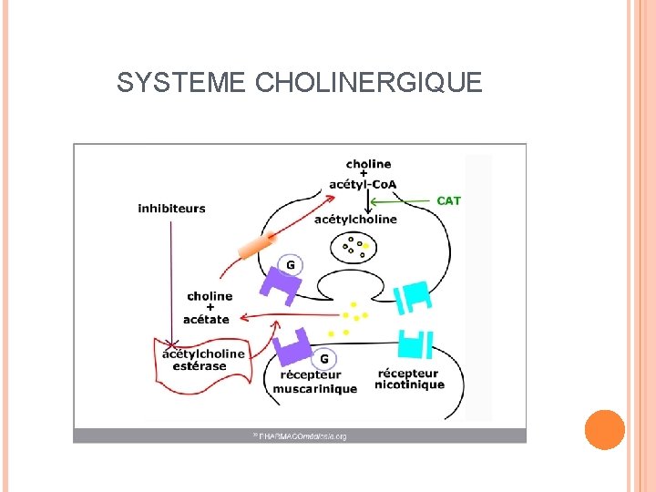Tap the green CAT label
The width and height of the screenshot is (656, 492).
pos(449,200)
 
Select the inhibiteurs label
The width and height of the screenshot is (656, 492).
pos(171,208)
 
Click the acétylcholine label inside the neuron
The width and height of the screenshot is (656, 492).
pos(355,219)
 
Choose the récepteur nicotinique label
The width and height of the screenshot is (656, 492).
pos(410,378)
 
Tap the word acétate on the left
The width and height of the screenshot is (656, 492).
pos(206,319)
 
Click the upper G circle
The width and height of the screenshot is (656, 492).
pos(290,265)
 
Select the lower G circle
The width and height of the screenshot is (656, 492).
pos(323,358)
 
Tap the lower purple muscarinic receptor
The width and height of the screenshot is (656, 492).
pos(294,347)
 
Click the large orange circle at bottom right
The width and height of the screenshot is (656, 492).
pos(604,429)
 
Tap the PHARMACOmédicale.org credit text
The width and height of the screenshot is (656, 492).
pos(301,436)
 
